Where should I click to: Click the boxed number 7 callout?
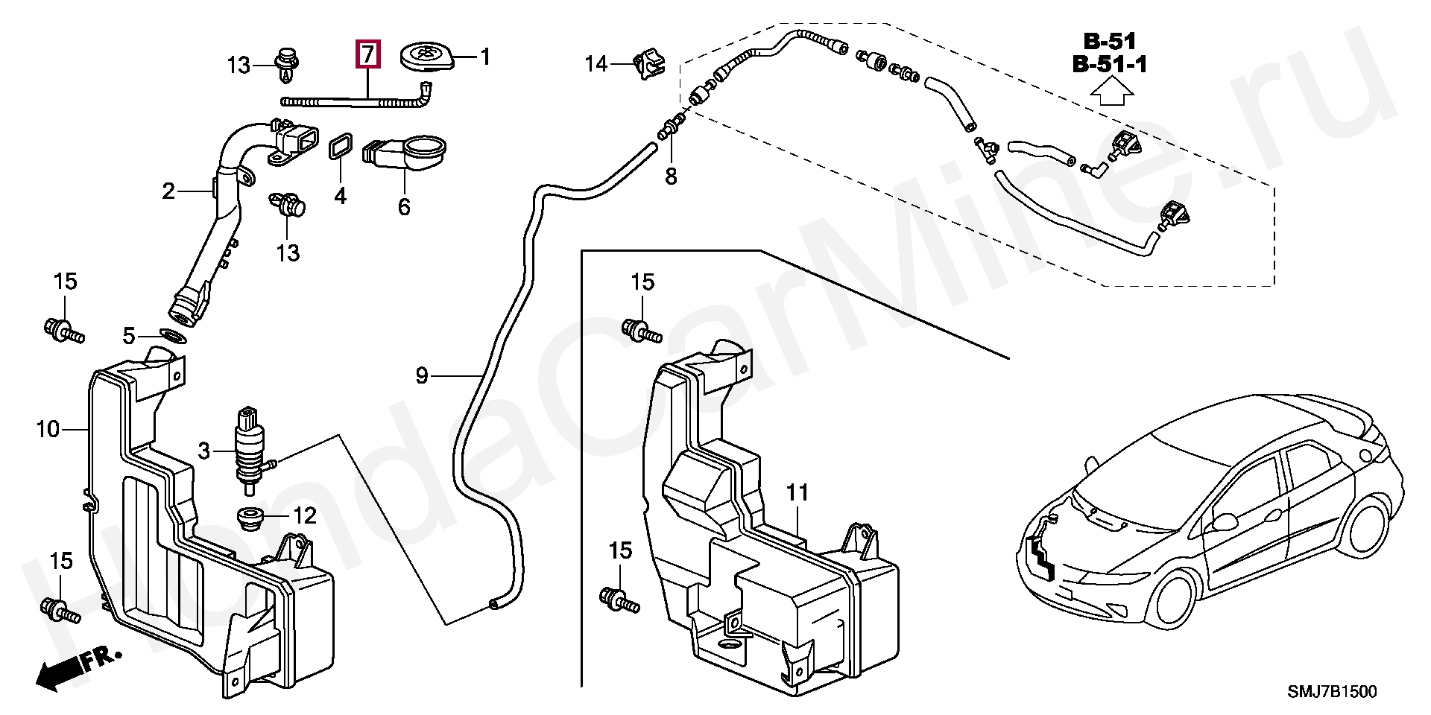tap(368, 54)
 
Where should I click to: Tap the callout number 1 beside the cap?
tap(485, 57)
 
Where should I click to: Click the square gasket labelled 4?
tap(340, 147)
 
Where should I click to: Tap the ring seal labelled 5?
tap(173, 336)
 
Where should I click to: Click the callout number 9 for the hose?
tap(422, 375)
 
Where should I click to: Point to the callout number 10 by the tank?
tap(48, 429)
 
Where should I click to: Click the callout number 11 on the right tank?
tap(797, 492)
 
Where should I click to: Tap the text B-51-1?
tap(1109, 64)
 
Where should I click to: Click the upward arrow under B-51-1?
tap(1111, 92)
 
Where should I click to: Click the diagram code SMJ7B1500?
tap(1333, 692)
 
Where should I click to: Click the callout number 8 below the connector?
tap(671, 177)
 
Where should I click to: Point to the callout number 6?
tap(404, 206)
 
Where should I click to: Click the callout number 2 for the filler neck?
tap(168, 191)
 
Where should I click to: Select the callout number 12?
tap(305, 515)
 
